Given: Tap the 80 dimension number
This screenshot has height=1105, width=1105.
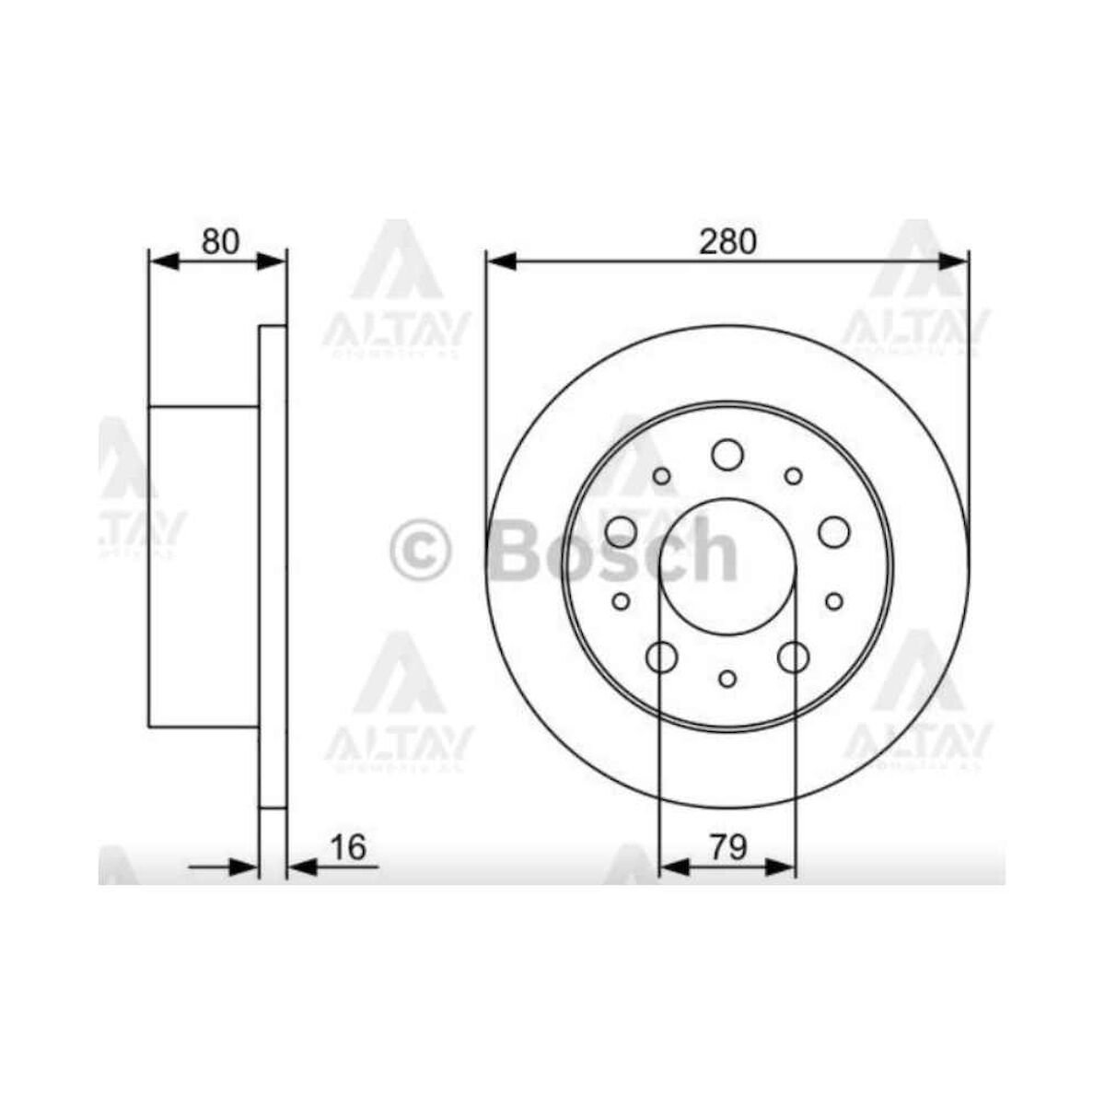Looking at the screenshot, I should [x=220, y=241].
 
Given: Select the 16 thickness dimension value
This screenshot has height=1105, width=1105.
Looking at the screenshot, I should [x=348, y=846].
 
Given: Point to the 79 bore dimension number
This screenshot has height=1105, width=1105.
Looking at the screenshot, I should [x=727, y=846].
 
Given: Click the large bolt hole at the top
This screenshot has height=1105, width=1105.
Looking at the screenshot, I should [x=727, y=453].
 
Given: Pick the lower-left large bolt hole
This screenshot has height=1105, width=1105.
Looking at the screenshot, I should [x=662, y=657].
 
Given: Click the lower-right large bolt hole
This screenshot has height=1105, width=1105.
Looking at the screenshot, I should [x=792, y=657].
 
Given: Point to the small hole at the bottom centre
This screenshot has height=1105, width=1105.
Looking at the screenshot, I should [x=727, y=679].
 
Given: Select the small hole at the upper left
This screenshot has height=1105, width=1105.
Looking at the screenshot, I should [x=661, y=476].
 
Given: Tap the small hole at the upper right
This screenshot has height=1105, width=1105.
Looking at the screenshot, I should [x=793, y=476].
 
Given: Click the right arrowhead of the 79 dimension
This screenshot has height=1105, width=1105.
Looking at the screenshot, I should [x=782, y=867].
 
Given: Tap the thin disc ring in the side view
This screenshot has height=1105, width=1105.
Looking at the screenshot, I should [x=273, y=566].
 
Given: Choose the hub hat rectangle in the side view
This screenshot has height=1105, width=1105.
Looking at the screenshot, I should [x=204, y=566].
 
